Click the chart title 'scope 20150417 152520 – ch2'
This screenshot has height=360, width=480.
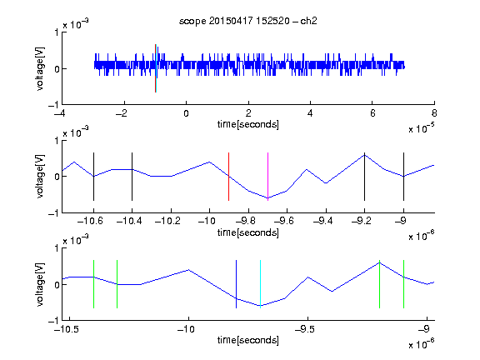(248, 21)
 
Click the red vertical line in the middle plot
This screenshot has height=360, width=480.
(228, 177)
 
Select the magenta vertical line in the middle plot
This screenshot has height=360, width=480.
(267, 177)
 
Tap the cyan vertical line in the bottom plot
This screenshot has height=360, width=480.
(260, 284)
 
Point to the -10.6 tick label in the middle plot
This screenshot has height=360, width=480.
(90, 221)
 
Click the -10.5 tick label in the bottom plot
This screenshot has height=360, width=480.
(67, 329)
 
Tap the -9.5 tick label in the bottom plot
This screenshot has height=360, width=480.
(305, 329)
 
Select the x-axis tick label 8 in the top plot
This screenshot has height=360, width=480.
(434, 113)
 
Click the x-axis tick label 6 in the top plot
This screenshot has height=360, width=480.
(372, 113)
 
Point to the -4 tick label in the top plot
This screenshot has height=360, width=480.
(59, 113)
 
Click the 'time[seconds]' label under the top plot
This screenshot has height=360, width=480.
(248, 124)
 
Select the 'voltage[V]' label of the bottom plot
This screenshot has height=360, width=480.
(40, 284)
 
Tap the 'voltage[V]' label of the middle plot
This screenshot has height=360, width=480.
(40, 177)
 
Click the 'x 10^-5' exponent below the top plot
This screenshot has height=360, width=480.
(422, 128)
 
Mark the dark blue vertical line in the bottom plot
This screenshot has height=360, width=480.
(236, 284)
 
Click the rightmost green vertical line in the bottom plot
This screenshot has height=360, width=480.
(403, 284)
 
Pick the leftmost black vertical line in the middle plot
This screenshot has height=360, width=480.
(93, 177)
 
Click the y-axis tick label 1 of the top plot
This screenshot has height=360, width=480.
(57, 32)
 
